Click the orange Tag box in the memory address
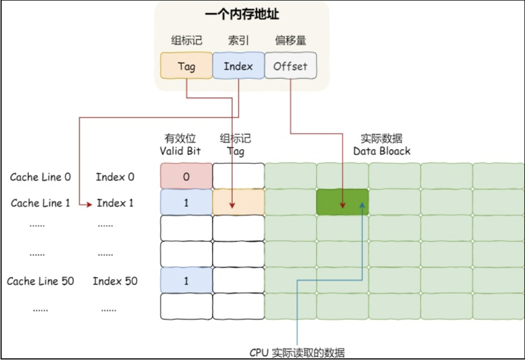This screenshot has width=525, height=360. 186,66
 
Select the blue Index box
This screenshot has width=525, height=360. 239,66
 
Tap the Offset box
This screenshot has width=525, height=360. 291,66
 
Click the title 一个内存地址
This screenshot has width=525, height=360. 242,14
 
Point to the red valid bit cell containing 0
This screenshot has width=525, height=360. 186,176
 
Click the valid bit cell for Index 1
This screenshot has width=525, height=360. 186,202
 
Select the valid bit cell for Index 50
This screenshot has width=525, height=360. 186,280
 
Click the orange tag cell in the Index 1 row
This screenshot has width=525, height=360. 239,202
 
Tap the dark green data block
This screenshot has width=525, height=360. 342,202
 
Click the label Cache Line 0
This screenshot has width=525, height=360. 41,177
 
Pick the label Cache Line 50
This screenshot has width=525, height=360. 41,281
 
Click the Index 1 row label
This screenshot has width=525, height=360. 115,203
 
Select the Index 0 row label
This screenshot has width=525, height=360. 115,177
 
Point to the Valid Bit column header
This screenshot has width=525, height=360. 180,151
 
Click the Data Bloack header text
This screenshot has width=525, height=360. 382,151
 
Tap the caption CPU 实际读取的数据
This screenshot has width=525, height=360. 297,353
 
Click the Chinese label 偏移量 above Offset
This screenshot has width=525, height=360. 291,41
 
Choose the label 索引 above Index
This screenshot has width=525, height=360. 239,41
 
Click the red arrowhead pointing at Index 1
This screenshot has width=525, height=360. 89,204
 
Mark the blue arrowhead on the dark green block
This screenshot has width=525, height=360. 362,204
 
